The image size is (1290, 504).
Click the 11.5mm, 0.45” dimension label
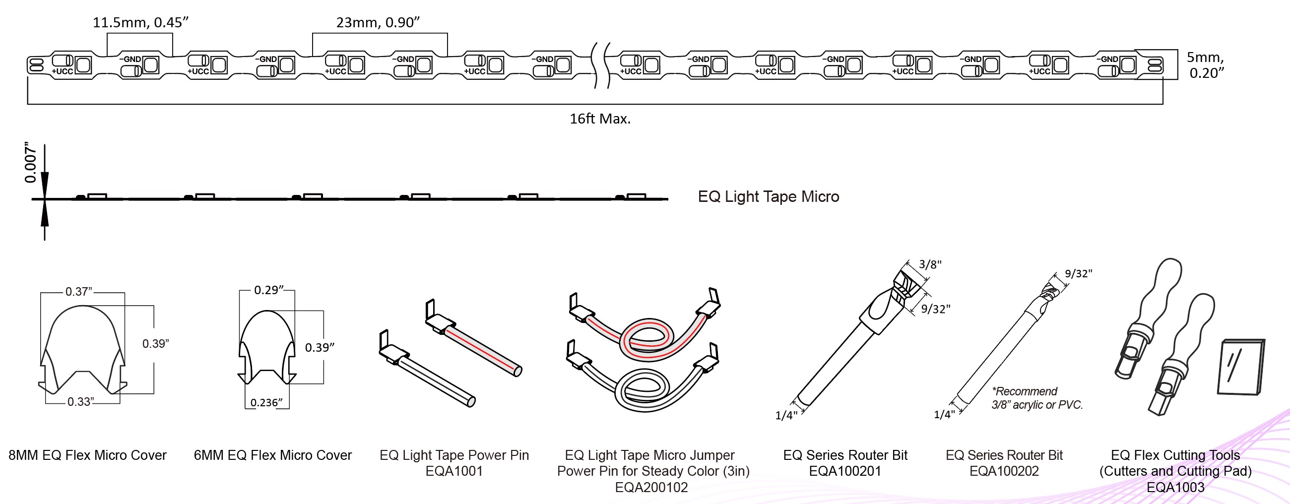click(x=140, y=22)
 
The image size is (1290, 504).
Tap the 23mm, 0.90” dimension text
click(x=378, y=22)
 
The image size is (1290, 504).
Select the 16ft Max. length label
click(x=600, y=119)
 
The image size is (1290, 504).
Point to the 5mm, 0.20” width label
click(x=1206, y=65)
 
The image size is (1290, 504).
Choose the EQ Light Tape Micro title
click(x=768, y=197)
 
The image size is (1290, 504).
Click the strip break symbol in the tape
click(x=601, y=65)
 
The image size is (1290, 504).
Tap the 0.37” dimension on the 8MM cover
click(x=78, y=292)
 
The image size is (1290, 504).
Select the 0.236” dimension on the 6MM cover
click(x=266, y=402)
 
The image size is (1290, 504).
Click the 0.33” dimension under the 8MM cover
click(x=80, y=402)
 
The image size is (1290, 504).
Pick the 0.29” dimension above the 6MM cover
click(x=269, y=290)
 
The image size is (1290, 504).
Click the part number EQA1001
click(x=453, y=471)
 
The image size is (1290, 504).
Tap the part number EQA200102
click(x=651, y=488)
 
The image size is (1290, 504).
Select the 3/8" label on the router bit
click(x=930, y=265)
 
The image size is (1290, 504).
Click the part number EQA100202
click(x=1004, y=471)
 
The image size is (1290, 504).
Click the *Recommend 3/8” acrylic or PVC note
click(x=1036, y=398)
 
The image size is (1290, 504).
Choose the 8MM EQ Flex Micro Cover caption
click(x=88, y=455)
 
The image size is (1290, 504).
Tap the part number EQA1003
click(x=1175, y=488)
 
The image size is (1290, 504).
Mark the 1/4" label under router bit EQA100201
click(x=786, y=415)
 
